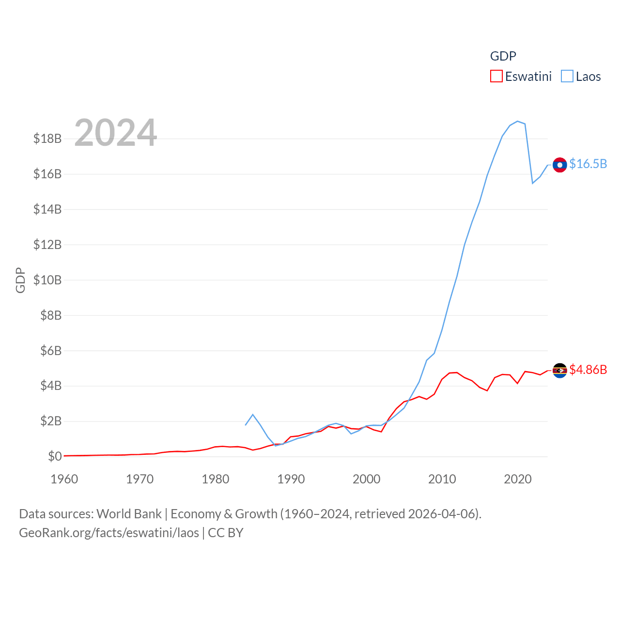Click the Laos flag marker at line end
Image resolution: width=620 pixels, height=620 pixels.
click(x=559, y=165)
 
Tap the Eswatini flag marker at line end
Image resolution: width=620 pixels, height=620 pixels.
click(x=559, y=371)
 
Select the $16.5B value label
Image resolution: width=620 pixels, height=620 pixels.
click(x=588, y=164)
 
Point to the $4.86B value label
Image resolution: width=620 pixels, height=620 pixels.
click(x=588, y=370)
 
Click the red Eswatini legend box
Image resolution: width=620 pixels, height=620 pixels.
click(x=496, y=77)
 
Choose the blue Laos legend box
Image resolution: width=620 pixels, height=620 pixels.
click(x=567, y=77)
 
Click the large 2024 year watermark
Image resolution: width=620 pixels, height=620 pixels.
click(x=116, y=133)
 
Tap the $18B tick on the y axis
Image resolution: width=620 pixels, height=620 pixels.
click(x=47, y=139)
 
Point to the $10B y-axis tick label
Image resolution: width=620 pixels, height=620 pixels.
click(x=47, y=280)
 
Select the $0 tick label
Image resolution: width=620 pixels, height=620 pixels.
click(x=55, y=456)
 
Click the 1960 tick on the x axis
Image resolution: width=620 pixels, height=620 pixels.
click(x=64, y=479)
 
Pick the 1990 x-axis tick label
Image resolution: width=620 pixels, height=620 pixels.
click(x=291, y=479)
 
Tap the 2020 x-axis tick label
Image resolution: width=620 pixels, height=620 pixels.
click(x=518, y=479)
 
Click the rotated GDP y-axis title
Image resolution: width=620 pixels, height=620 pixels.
click(x=20, y=280)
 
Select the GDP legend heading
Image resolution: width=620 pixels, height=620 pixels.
click(x=503, y=56)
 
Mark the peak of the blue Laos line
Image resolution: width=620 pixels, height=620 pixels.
click(x=517, y=121)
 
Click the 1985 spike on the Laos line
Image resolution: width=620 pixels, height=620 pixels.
click(x=253, y=415)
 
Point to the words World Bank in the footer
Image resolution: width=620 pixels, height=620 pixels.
click(x=129, y=514)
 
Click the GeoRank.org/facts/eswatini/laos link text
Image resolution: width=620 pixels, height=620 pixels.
click(x=109, y=533)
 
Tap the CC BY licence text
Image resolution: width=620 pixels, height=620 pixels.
click(x=226, y=533)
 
